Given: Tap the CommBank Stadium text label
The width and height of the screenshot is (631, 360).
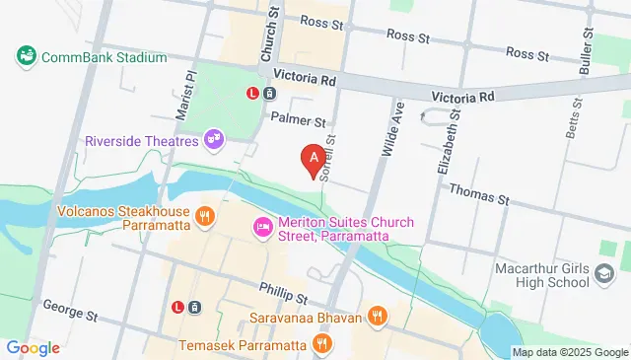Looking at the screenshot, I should [104, 57].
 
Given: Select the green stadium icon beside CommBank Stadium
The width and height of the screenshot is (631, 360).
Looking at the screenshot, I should [27, 56].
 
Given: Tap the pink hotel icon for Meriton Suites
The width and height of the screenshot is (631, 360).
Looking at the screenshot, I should [262, 227].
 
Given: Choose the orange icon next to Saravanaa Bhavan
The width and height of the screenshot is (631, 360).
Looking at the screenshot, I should [376, 316].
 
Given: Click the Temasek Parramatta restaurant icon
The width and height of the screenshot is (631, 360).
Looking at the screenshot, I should [320, 344].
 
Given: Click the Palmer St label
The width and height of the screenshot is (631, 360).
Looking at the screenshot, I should [299, 121].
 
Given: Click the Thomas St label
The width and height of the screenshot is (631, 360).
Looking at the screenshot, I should [478, 194].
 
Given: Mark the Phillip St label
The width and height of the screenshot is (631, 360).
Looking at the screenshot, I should [284, 293].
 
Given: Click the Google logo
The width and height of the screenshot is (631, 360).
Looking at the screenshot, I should [33, 347].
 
